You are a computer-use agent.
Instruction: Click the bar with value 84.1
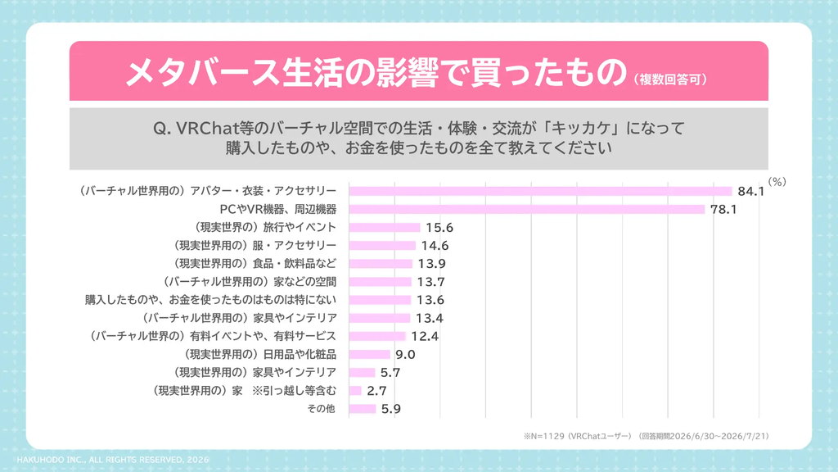[x=540, y=191]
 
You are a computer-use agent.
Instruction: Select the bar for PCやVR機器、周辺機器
[x=527, y=209]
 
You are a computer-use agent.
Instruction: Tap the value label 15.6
[x=439, y=228]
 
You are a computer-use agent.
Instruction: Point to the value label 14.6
[x=435, y=246]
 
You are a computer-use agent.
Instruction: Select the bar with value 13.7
[x=380, y=282]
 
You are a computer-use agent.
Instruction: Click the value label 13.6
[x=430, y=300]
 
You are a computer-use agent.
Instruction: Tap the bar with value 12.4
[x=377, y=336]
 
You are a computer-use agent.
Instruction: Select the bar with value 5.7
[x=362, y=373]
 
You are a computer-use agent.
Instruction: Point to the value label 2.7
[x=376, y=391]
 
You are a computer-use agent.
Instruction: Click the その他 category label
[x=321, y=409]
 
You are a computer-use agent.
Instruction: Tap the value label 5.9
[x=390, y=409]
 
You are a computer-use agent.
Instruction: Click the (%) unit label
[x=777, y=182]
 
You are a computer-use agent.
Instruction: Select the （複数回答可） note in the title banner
[x=670, y=79]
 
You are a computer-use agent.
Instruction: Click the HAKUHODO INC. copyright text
[x=113, y=460]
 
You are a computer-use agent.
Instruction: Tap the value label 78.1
[x=723, y=209]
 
